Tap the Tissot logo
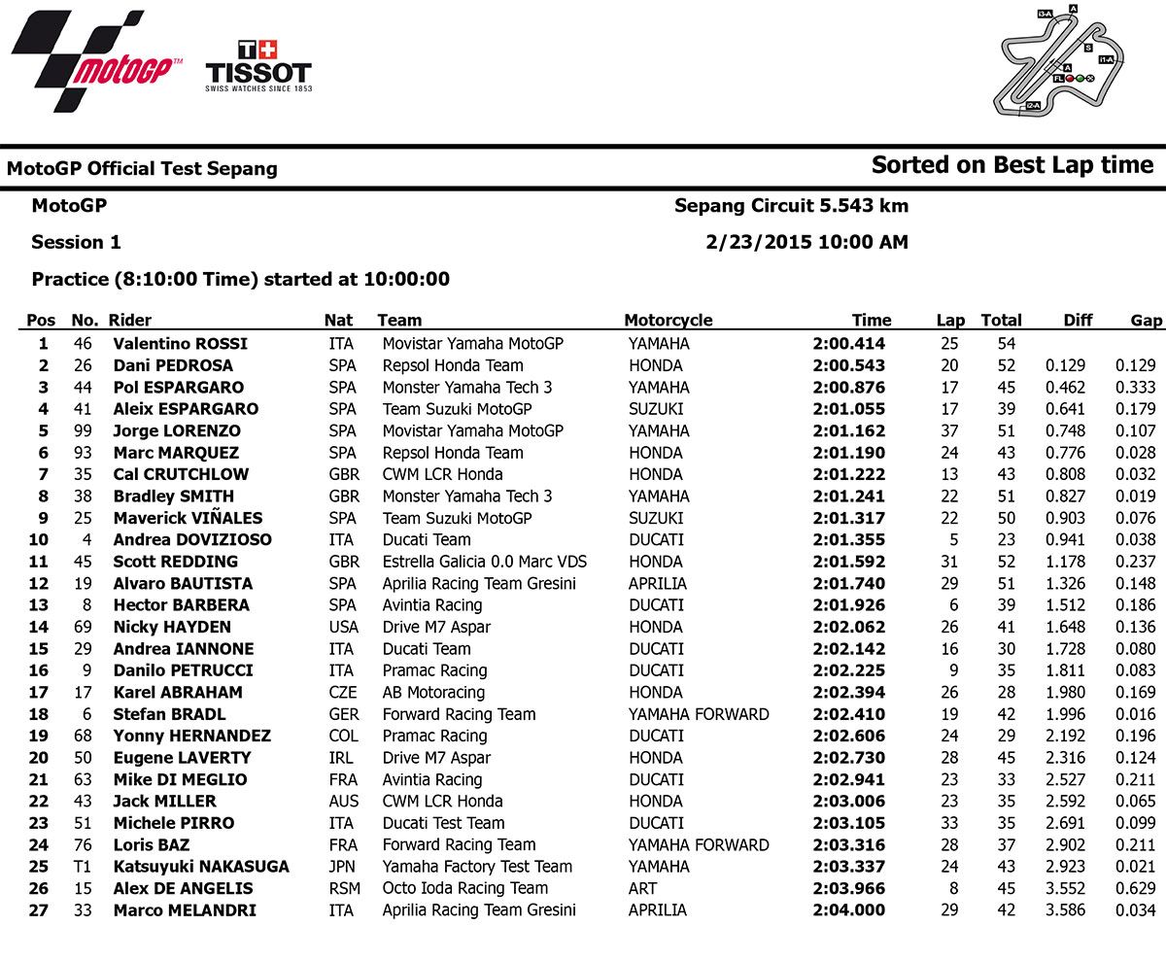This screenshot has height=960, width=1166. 257,66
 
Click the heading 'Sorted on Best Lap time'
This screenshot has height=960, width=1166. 1012,165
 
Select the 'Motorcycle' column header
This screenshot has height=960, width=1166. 668,321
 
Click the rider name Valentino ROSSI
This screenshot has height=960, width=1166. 180,344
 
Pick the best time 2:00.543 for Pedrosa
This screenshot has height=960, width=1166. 848,365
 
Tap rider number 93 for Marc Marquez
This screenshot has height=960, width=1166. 86,453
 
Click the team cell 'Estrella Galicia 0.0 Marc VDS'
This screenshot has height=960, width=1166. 484,562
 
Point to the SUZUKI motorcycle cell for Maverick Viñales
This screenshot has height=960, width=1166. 656,518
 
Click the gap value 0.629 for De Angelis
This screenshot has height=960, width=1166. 1136,888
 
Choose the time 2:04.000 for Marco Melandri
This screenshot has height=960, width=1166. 848,910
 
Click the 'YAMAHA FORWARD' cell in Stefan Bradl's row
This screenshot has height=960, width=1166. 698,714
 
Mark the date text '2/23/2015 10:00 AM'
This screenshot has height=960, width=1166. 806,242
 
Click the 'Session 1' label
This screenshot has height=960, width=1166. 76,242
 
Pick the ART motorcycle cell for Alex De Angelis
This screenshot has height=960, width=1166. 642,888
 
